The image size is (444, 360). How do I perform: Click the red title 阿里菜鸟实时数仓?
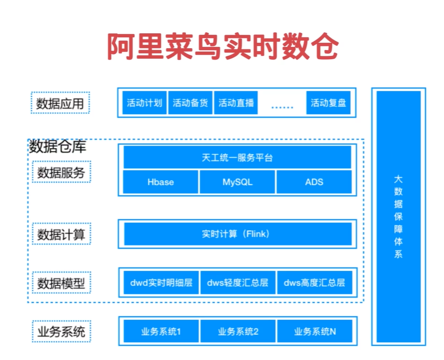click(223, 46)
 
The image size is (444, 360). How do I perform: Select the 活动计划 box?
click(144, 103)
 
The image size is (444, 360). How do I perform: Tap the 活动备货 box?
click(190, 103)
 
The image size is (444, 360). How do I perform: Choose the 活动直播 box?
click(236, 103)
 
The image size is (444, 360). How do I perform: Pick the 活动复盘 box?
click(329, 103)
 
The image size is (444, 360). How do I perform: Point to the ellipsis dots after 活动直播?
click(282, 107)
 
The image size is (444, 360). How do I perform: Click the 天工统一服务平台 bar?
click(237, 157)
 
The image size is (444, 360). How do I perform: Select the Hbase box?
click(160, 182)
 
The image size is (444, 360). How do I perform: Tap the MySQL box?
click(237, 182)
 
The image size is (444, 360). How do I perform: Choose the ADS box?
click(314, 182)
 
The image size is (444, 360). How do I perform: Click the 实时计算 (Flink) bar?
click(238, 234)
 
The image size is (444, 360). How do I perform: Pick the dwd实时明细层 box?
click(161, 283)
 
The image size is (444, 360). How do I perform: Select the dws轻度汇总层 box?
click(238, 283)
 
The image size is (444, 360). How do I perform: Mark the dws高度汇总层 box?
click(315, 283)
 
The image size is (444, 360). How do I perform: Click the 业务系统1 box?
click(161, 331)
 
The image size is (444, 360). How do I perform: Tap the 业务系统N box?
click(315, 331)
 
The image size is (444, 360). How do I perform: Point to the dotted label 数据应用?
click(60, 103)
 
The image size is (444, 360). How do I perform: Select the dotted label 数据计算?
click(61, 234)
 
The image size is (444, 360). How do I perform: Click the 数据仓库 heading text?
click(58, 146)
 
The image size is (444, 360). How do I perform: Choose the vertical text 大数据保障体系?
click(398, 217)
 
